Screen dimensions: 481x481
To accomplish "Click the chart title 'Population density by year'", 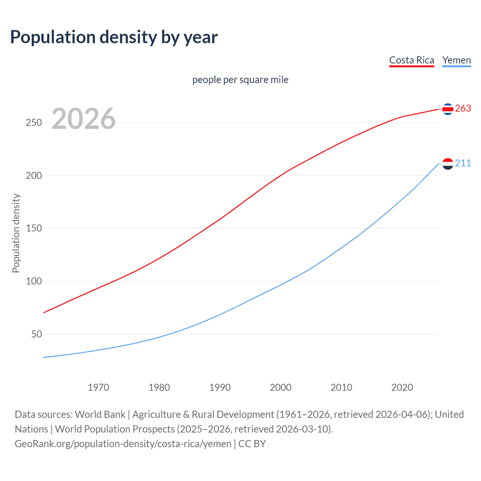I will tap(114, 37).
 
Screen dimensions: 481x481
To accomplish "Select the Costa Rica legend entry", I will tap(411, 60).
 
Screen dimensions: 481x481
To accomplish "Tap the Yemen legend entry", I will tap(456, 60).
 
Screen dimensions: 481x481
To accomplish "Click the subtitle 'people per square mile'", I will tap(240, 80).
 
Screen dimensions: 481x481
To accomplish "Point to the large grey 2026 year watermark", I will tap(83, 119).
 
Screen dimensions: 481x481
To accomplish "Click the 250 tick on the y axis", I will tap(34, 123).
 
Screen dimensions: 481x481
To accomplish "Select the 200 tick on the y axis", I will tap(34, 175).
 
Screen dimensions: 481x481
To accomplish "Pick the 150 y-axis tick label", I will tap(34, 228).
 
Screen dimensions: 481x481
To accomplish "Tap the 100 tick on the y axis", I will tap(34, 281).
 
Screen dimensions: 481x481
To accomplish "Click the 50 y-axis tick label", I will tap(36, 334).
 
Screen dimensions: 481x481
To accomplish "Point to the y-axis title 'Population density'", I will tap(16, 233).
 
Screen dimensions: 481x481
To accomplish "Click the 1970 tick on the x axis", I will tap(98, 387).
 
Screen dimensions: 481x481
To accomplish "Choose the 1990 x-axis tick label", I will tap(220, 387).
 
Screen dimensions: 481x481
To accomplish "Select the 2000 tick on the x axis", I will tap(281, 387).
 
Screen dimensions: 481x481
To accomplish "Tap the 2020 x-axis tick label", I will tap(402, 387).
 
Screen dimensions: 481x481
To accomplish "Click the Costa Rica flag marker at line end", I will tap(448, 109).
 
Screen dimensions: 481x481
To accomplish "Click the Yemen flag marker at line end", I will tap(448, 163).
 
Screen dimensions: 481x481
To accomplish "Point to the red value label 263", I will tap(463, 109).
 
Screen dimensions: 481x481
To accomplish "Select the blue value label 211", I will tap(463, 163).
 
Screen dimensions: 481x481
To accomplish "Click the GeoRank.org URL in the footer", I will tap(123, 444).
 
